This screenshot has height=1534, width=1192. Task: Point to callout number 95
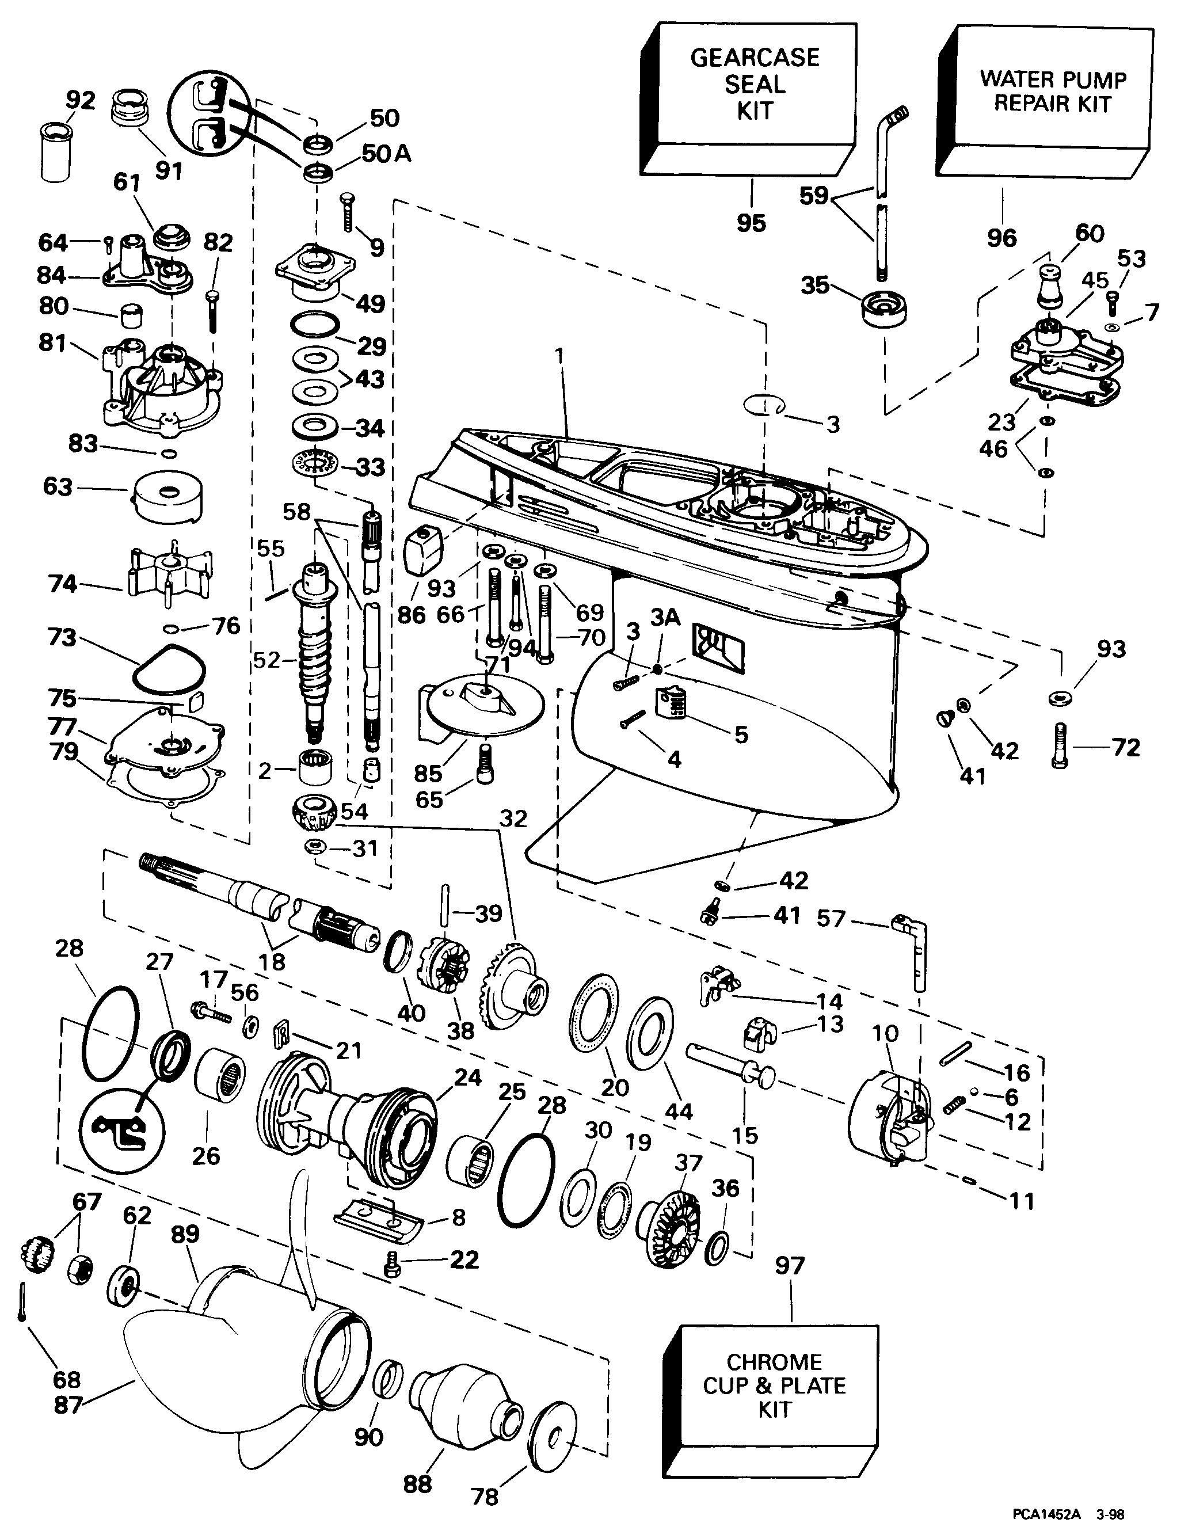[751, 223]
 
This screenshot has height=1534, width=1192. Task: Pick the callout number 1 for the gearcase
[560, 356]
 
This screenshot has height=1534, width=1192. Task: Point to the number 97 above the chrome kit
[790, 1266]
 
